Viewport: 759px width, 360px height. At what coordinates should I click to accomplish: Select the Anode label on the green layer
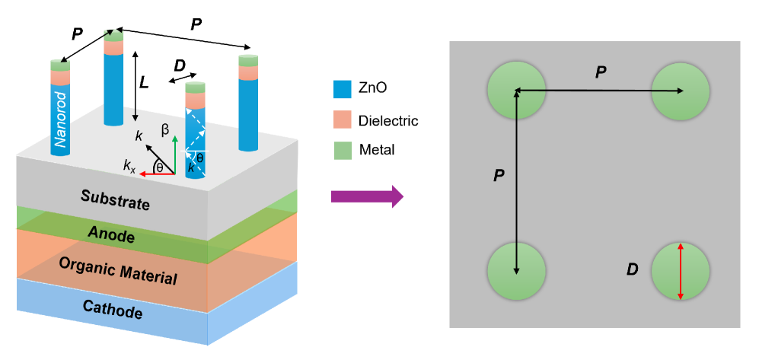[x=111, y=234]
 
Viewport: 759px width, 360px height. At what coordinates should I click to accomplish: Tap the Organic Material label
[x=118, y=271]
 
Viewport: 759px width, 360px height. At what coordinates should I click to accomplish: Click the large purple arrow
[x=366, y=196]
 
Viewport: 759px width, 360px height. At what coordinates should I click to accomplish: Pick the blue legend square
[x=343, y=90]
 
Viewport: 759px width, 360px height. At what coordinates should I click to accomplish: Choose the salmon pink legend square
[x=343, y=119]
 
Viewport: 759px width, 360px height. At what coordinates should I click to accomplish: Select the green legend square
[x=343, y=150]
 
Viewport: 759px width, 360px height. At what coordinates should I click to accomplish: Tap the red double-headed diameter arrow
[x=680, y=271]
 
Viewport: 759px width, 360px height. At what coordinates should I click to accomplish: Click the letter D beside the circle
[x=632, y=269]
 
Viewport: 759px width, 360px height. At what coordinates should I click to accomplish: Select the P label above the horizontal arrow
[x=601, y=72]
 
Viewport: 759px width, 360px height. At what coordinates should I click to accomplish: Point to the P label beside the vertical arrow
[x=499, y=175]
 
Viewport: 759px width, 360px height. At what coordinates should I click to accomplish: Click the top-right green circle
[x=680, y=91]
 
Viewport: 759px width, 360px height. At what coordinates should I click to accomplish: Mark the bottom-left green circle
[x=516, y=272]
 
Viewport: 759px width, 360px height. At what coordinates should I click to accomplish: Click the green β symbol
[x=164, y=129]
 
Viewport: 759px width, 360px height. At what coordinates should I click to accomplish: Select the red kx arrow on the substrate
[x=155, y=174]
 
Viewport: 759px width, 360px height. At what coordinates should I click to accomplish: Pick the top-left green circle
[x=516, y=91]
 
